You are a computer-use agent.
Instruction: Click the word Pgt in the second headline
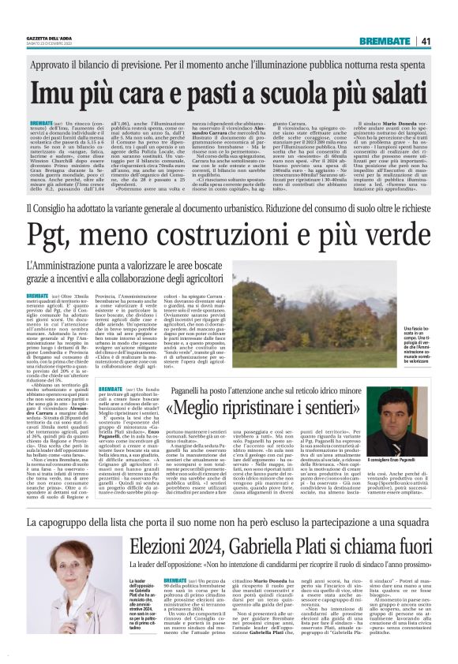[51, 235]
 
